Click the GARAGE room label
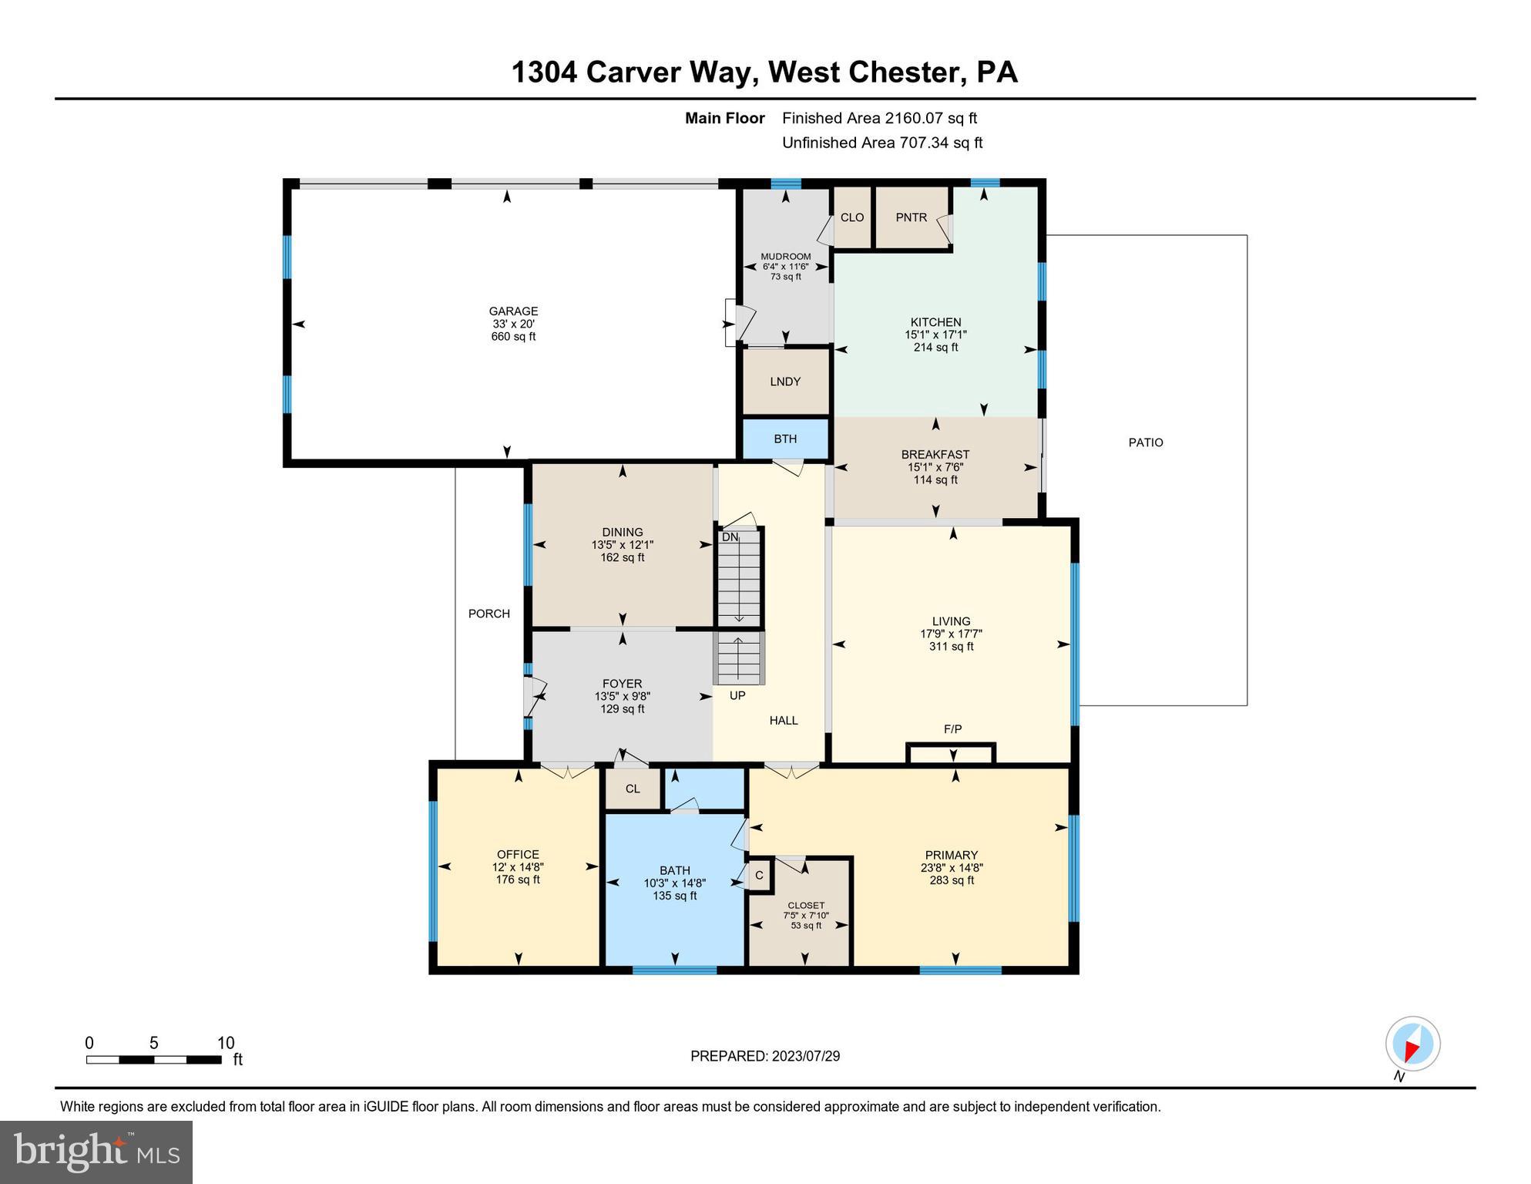coord(513,311)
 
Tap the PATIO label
coord(1145,442)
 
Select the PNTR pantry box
coord(911,217)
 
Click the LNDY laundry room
coord(785,382)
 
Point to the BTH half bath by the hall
coord(785,439)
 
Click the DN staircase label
coord(730,537)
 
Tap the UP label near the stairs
coord(737,695)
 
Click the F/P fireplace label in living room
coord(952,728)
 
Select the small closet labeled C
coord(759,876)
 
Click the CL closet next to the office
coord(633,789)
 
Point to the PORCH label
coord(489,614)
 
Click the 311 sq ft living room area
coord(951,647)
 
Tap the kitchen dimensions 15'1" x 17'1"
coord(935,335)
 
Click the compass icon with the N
coord(1412,1044)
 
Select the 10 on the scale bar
coord(225,1043)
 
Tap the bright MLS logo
coord(96,1152)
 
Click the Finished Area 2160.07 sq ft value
coord(931,118)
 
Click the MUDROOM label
coord(785,257)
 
